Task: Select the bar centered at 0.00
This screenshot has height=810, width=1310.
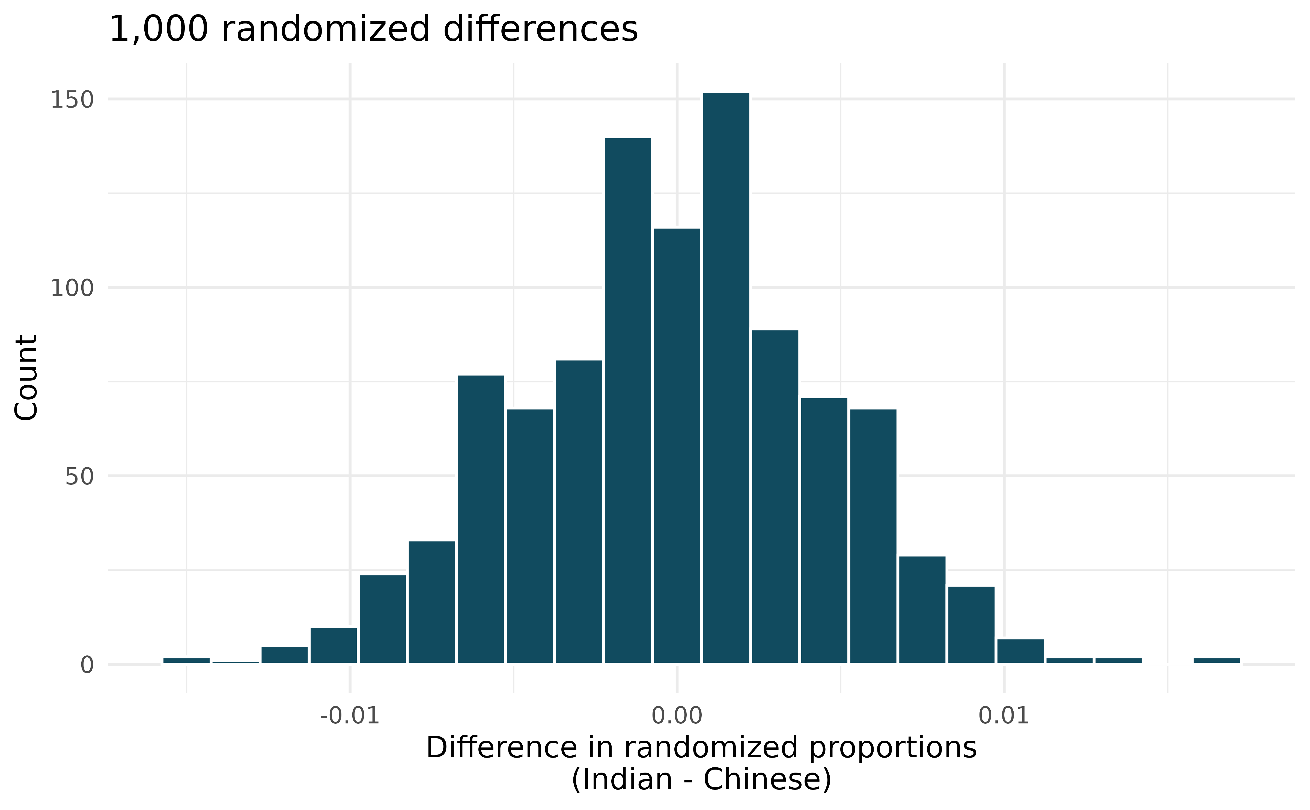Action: point(677,445)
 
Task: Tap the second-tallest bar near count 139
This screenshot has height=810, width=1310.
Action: point(628,399)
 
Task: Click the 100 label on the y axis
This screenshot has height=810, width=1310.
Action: point(72,288)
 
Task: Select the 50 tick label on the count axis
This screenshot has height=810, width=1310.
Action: point(79,477)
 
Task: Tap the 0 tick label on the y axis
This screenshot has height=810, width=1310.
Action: point(87,665)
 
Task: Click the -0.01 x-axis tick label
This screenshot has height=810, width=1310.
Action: point(350,716)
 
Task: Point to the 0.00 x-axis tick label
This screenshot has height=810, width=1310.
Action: point(677,716)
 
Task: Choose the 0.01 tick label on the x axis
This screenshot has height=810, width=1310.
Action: point(1004,716)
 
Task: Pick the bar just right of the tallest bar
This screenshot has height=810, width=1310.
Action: point(775,496)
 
